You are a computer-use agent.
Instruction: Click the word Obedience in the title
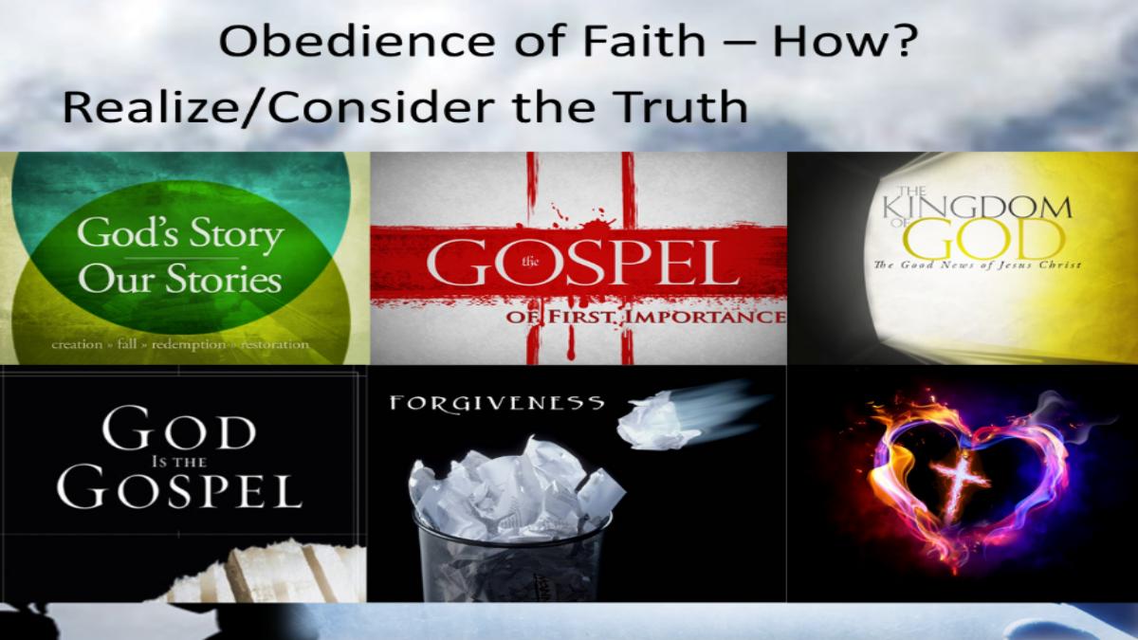pyautogui.click(x=357, y=41)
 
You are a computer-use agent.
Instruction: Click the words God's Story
pyautogui.click(x=180, y=235)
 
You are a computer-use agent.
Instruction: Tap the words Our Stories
pyautogui.click(x=180, y=279)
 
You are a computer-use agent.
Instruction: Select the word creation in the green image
pyautogui.click(x=77, y=344)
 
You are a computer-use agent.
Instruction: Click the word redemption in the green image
pyautogui.click(x=189, y=345)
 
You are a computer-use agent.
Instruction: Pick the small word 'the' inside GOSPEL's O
pyautogui.click(x=530, y=262)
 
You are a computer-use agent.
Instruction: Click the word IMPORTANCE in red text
pyautogui.click(x=704, y=317)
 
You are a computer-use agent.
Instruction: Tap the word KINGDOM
pyautogui.click(x=978, y=208)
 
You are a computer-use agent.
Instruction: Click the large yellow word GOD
pyautogui.click(x=984, y=239)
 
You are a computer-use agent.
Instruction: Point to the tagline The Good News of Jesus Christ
pyautogui.click(x=978, y=265)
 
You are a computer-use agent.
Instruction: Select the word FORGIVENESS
pyautogui.click(x=497, y=403)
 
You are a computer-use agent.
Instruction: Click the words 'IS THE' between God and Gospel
pyautogui.click(x=179, y=462)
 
